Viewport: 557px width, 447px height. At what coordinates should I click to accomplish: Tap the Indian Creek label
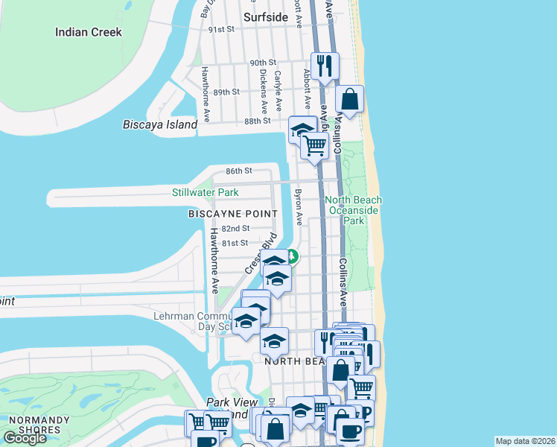tap(89, 32)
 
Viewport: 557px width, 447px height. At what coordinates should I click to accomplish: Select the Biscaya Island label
tap(160, 124)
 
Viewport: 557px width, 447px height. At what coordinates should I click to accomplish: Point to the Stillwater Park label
tap(205, 192)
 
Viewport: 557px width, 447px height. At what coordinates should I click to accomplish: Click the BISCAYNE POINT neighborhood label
tap(227, 213)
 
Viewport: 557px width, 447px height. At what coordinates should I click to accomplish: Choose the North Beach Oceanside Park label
tap(354, 210)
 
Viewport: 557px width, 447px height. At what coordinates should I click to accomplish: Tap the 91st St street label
tap(221, 29)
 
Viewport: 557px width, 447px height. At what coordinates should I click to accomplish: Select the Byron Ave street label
tap(299, 206)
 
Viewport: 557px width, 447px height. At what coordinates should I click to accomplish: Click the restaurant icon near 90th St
tap(325, 66)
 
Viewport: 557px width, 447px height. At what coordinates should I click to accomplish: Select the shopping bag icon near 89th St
tap(349, 99)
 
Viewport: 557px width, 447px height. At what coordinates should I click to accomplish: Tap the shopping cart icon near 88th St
tap(315, 145)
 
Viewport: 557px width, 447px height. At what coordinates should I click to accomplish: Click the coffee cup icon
tap(349, 430)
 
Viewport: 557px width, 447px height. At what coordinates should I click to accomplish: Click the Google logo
tap(25, 438)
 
